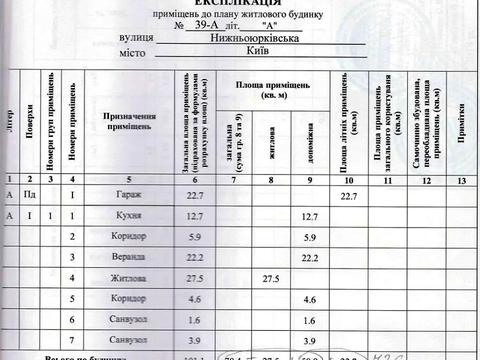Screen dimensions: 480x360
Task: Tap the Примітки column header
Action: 460,120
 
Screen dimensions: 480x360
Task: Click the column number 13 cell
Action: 460,180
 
